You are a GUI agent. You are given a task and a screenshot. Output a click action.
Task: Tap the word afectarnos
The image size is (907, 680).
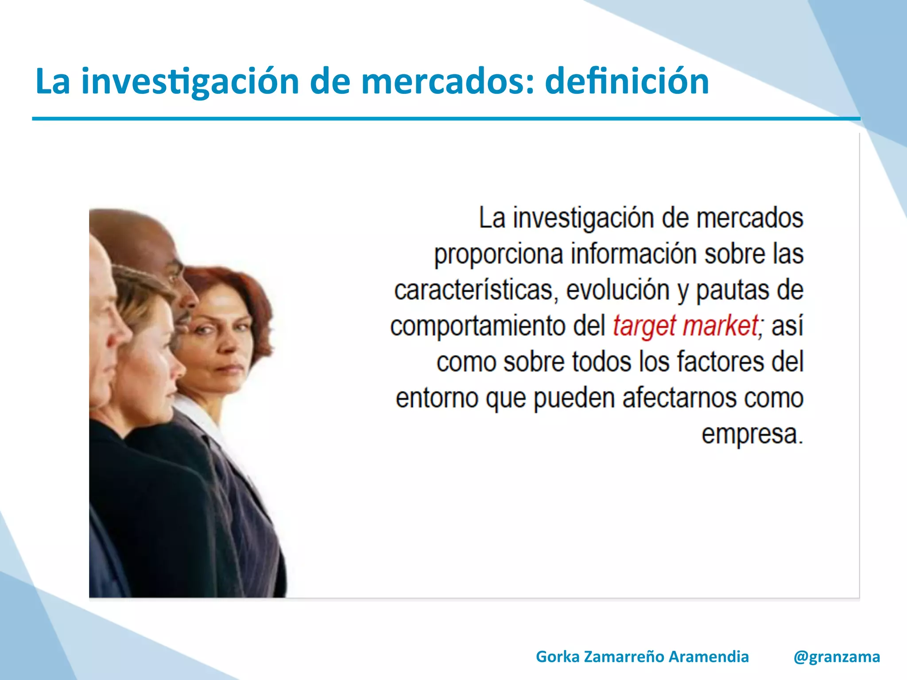pos(680,398)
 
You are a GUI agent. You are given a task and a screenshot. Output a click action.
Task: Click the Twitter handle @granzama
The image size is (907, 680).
pos(837,657)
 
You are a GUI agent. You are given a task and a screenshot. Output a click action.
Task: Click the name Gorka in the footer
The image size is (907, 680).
pos(557,657)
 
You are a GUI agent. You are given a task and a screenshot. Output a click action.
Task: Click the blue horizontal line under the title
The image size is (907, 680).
pos(443,119)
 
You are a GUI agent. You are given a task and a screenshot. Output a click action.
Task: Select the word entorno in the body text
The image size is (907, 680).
pos(437,398)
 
